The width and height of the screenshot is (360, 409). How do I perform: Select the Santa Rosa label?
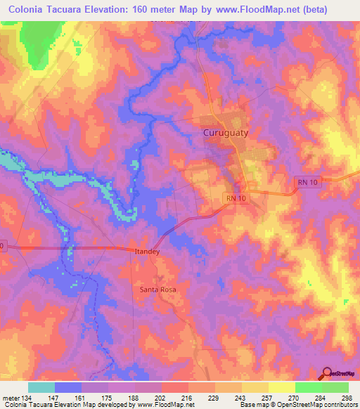point(157,290)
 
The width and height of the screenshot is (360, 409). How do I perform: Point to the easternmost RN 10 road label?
point(302,181)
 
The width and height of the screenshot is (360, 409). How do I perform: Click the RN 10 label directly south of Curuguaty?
point(237,199)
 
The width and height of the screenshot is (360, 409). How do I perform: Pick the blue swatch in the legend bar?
point(67,387)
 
